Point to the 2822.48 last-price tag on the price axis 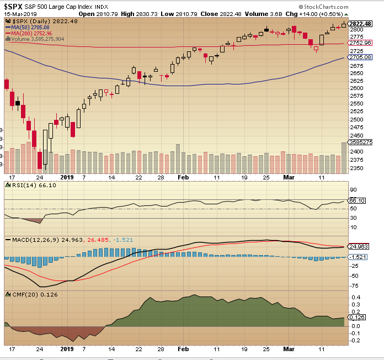click(361, 24)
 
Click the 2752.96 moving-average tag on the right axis click(361, 42)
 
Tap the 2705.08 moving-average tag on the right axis click(361, 57)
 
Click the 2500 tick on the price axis click(358, 119)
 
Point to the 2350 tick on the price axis click(358, 168)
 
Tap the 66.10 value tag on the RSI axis click(359, 201)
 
